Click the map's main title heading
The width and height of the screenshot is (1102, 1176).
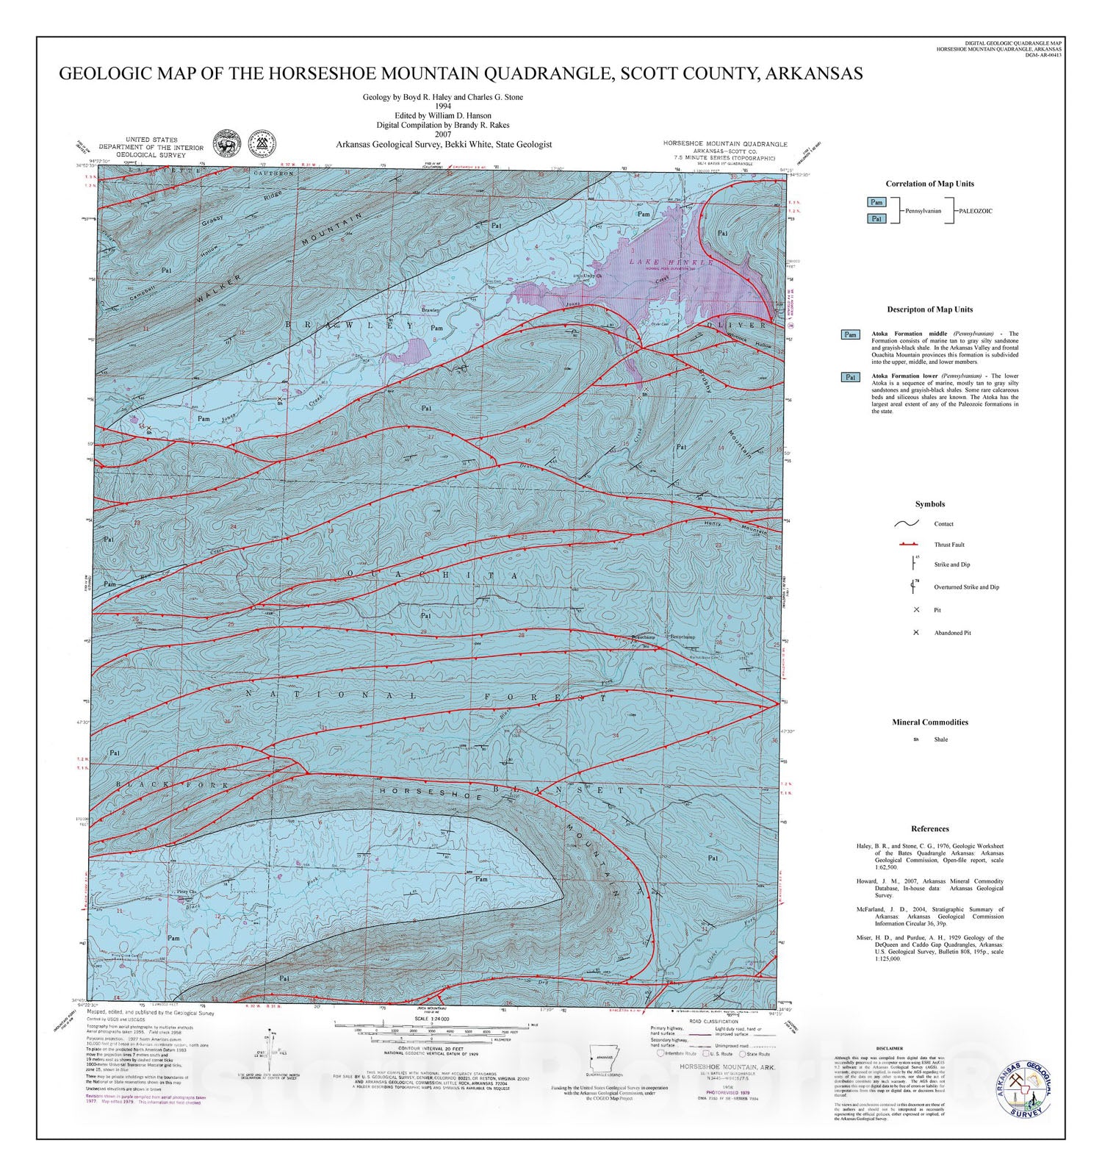coord(461,73)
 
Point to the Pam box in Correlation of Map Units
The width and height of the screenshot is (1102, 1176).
coord(876,202)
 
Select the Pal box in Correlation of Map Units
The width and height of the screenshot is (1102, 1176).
coord(876,218)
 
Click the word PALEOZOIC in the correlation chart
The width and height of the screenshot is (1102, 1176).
coord(975,211)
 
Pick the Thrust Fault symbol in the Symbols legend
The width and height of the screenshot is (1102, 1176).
coord(908,544)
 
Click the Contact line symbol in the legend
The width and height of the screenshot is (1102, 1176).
coord(908,524)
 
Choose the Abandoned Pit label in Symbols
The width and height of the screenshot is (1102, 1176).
coord(952,633)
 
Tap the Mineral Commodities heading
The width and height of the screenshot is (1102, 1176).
coord(929,723)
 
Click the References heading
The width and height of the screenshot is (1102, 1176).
coord(929,829)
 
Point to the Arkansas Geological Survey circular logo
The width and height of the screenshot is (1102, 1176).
coord(1024,1090)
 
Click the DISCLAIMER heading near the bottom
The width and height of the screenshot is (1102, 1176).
coord(890,1049)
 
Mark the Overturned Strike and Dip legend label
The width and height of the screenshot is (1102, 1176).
coord(966,587)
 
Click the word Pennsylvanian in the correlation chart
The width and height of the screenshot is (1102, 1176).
coord(923,211)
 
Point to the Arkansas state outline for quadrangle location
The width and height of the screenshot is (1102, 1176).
coord(604,1061)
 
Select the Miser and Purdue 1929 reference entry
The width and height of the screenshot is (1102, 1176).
coord(929,948)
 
